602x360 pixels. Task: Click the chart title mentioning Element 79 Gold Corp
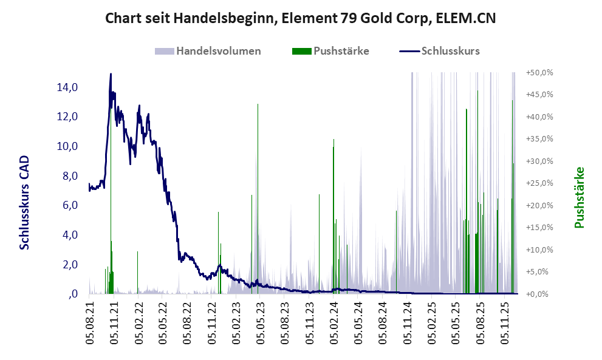[x=301, y=18]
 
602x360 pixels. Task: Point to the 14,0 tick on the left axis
[x=67, y=87]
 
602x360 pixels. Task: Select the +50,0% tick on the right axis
[x=539, y=72]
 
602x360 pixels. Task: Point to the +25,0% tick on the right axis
[x=539, y=183]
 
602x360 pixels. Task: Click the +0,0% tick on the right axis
[x=541, y=294]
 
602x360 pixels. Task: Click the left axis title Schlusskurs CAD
[x=24, y=202]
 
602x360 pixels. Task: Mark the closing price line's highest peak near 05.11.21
[x=111, y=75]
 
